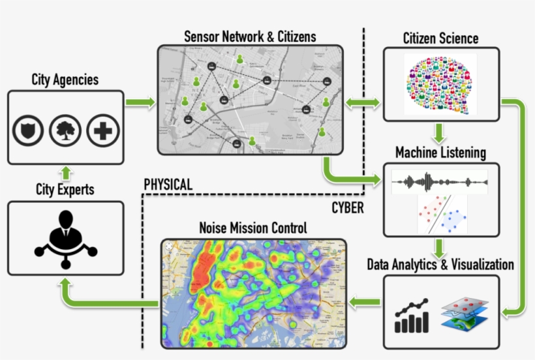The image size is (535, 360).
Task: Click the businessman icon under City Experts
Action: [x=65, y=237]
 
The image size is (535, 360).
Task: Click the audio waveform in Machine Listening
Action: [x=439, y=182]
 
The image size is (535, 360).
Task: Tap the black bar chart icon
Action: [x=412, y=316]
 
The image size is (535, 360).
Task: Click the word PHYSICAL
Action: [x=168, y=185]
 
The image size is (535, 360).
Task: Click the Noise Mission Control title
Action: [x=253, y=229]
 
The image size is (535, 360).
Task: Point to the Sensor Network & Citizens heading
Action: [x=250, y=37]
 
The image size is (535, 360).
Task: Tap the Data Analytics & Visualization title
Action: [x=440, y=265]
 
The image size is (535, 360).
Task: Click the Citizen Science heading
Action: [x=440, y=38]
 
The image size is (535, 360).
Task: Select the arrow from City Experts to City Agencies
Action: [x=65, y=172]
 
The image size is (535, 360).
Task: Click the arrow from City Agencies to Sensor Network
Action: [x=140, y=102]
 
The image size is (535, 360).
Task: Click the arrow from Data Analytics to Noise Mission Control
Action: [x=365, y=301]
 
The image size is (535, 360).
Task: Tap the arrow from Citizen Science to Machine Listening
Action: [x=440, y=132]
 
